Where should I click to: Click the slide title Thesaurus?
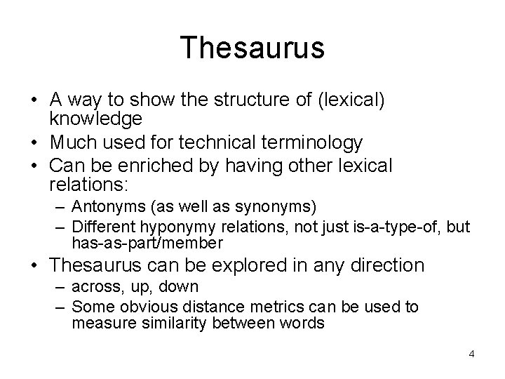coord(252,48)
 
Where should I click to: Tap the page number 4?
coord(472,353)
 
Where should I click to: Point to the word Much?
coord(73,143)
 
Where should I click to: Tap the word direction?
coord(383,265)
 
